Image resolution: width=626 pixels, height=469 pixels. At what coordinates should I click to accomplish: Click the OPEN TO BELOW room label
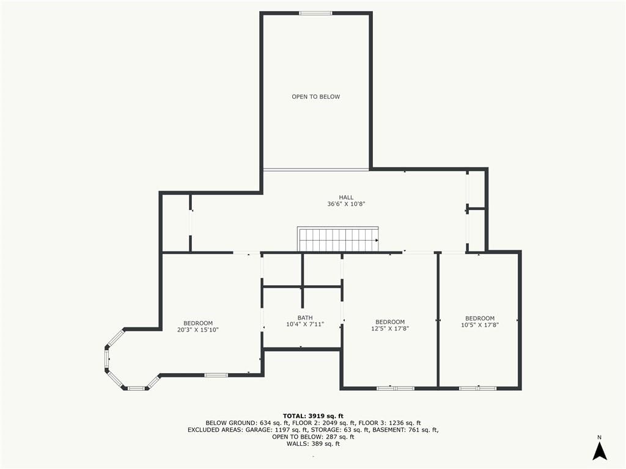[x=316, y=96]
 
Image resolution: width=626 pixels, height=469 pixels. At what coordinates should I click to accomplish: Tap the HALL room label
[x=346, y=197]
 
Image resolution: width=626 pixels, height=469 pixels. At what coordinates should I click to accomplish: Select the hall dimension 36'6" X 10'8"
[x=346, y=204]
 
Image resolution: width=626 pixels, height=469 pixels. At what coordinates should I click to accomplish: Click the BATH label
[x=305, y=318]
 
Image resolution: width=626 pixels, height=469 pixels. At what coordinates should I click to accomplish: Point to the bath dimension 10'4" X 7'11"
[x=305, y=324]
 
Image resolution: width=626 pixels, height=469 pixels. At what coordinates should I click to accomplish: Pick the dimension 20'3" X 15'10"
[x=198, y=330]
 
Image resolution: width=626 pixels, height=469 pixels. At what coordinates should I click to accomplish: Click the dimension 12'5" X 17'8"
[x=390, y=329]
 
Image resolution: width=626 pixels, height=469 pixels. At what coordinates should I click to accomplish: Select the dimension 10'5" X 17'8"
[x=480, y=325]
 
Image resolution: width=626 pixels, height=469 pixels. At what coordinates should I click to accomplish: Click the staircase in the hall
[x=337, y=239]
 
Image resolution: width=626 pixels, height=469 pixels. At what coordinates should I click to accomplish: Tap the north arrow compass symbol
[x=599, y=451]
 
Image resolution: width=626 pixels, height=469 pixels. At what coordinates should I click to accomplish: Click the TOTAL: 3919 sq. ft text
[x=313, y=416]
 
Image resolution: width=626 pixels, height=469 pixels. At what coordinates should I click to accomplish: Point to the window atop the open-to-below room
[x=315, y=13]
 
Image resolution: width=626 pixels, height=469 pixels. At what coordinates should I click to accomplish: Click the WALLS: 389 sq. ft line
[x=313, y=443]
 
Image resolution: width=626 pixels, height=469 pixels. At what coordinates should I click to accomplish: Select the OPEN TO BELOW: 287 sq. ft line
[x=313, y=437]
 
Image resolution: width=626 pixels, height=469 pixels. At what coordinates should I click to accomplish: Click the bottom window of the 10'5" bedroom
[x=477, y=388]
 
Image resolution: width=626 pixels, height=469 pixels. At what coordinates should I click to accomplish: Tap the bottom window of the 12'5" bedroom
[x=396, y=388]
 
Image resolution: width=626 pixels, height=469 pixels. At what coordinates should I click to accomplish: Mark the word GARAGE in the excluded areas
[x=259, y=430]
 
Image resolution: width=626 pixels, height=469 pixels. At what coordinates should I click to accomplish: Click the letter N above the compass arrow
[x=599, y=437]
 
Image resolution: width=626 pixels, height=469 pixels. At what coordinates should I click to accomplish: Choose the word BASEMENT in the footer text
[x=387, y=430]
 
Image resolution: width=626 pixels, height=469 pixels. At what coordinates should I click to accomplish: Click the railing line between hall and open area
[x=316, y=170]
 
